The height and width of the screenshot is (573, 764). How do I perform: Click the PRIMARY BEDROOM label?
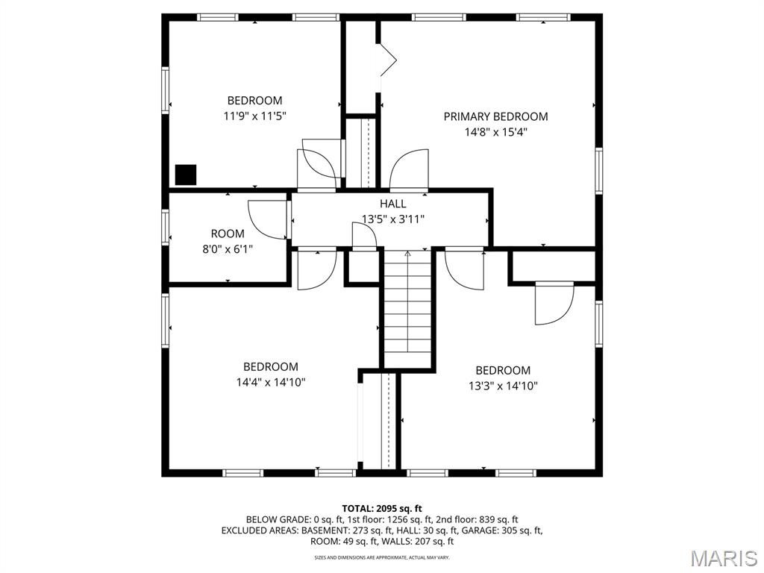click(495, 116)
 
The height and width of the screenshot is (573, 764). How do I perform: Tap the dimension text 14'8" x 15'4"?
click(496, 132)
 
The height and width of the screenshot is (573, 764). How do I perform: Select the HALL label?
click(392, 204)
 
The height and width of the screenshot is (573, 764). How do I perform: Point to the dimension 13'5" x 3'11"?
click(392, 219)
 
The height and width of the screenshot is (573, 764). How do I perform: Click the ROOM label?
click(228, 234)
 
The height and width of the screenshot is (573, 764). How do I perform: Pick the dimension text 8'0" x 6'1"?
click(228, 249)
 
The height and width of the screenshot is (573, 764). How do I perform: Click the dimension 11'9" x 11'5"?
click(255, 116)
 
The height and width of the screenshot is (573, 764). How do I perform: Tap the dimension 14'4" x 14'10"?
click(271, 383)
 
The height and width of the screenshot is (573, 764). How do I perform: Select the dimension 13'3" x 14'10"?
click(504, 386)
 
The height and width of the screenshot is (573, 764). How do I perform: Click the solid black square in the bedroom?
click(186, 175)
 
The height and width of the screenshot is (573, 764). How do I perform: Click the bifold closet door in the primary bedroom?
click(388, 60)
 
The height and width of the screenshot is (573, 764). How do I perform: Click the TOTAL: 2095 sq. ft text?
click(382, 509)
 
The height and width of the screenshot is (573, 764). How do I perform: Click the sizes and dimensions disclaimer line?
click(382, 557)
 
